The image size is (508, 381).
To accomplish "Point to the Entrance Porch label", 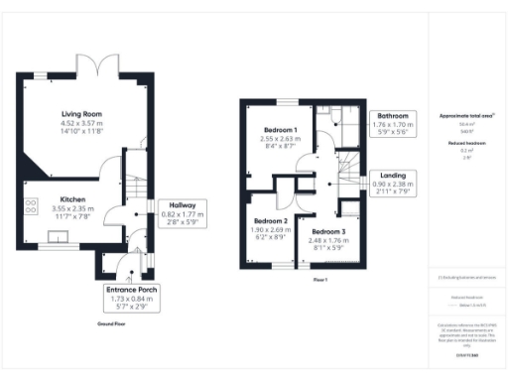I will pos(133,289).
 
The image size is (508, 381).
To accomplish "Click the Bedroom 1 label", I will pos(281,130).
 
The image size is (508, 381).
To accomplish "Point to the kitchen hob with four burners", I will pos(31,207).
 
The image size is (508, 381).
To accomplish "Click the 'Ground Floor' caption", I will pos(110,324).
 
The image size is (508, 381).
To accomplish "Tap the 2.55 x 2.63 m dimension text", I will pos(281,139).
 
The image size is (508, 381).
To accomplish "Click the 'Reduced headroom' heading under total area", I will pos(466,143).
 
